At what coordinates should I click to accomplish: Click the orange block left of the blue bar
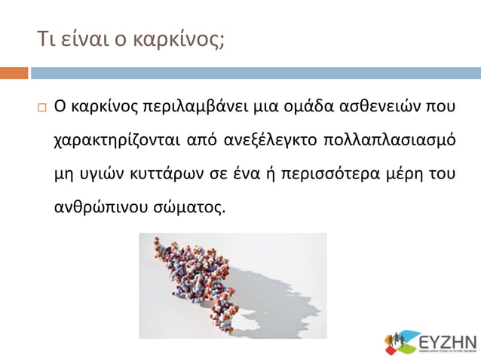(14, 73)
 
